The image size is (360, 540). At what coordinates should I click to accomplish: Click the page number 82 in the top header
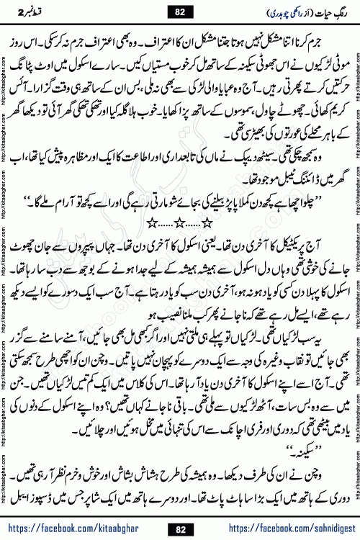[x=180, y=12]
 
